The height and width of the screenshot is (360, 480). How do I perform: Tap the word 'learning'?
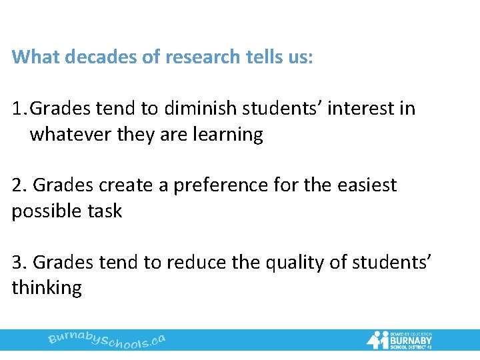pyautogui.click(x=229, y=135)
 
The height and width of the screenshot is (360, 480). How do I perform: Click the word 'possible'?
pyautogui.click(x=44, y=211)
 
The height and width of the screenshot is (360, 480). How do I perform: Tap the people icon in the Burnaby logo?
pyautogui.click(x=377, y=339)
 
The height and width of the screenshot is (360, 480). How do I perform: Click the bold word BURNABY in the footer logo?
pyautogui.click(x=412, y=339)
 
